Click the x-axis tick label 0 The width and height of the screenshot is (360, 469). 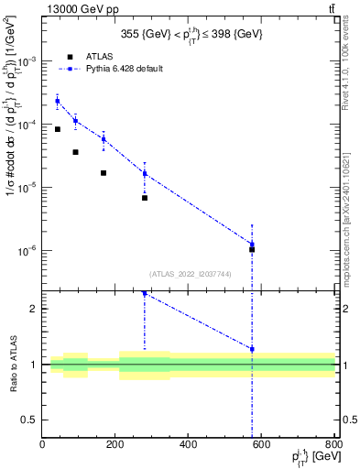(42, 444)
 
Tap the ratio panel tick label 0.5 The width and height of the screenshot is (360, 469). (31, 420)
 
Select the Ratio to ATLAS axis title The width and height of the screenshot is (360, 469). (13, 365)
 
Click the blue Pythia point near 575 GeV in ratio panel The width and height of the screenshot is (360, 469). (252, 349)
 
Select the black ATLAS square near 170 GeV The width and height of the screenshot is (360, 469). (104, 173)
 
